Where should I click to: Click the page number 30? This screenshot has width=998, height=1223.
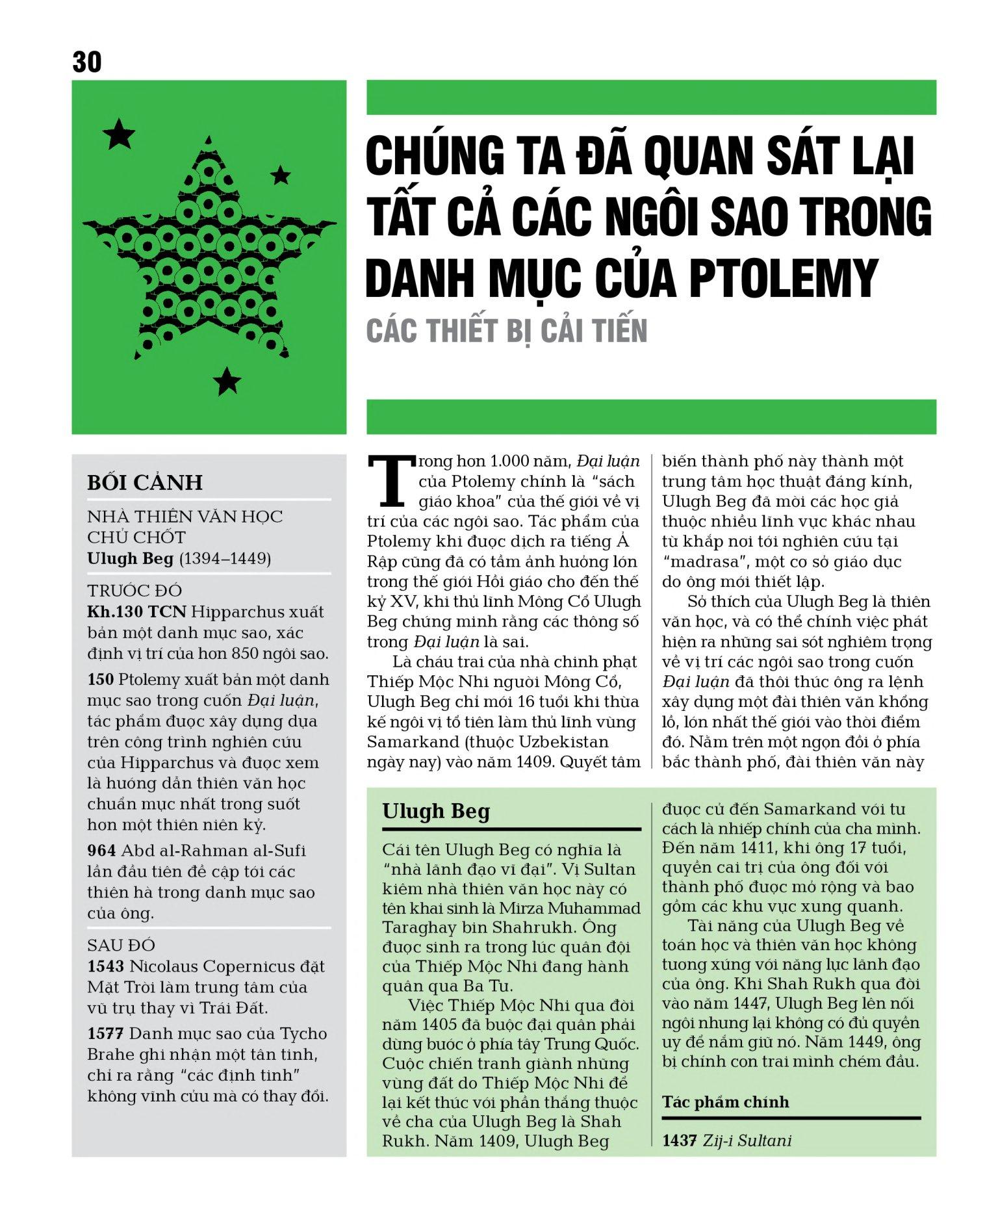(87, 62)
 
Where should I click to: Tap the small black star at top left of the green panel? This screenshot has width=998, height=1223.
(119, 135)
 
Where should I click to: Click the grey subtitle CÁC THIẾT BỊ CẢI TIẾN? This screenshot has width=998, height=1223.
(507, 331)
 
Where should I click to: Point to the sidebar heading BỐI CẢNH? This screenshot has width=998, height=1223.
(145, 482)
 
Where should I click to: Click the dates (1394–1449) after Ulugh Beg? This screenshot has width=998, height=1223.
(225, 558)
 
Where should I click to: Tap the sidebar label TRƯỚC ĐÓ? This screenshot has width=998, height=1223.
(135, 591)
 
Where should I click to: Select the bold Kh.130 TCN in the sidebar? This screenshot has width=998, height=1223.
(136, 611)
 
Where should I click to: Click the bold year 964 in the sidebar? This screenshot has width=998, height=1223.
(101, 850)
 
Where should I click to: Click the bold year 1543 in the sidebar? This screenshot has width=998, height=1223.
(105, 966)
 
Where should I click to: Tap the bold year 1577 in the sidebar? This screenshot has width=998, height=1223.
(105, 1033)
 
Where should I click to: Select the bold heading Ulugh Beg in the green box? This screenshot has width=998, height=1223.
(436, 811)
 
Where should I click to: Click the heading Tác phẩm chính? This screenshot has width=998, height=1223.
(725, 1101)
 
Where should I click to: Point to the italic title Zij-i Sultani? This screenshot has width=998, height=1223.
(747, 1140)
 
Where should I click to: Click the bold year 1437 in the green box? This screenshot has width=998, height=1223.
(679, 1140)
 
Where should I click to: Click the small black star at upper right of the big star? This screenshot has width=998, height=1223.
(280, 174)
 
